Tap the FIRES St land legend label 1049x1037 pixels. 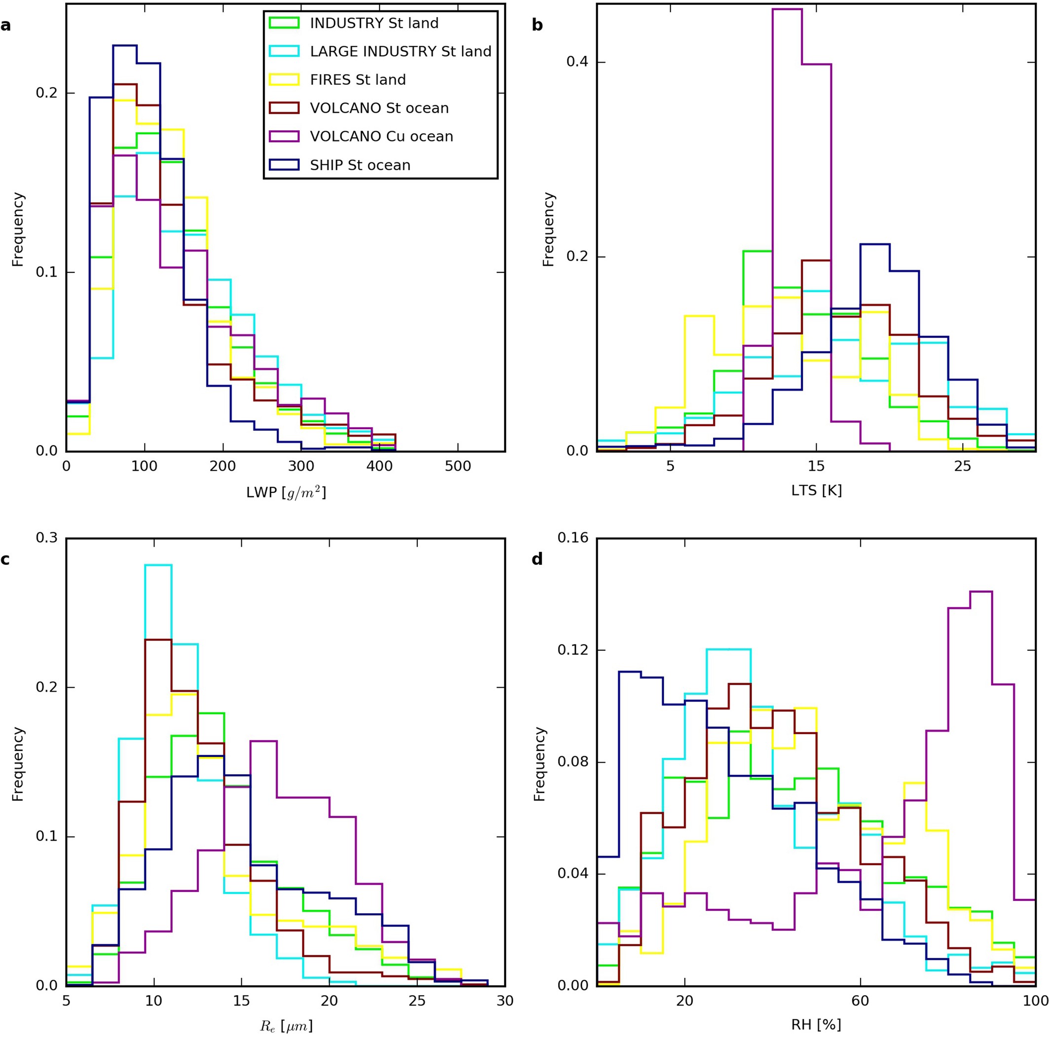[x=357, y=80]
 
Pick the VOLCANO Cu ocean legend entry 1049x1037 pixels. [x=381, y=136]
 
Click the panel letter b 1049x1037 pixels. [x=537, y=25]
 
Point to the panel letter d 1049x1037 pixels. [x=537, y=559]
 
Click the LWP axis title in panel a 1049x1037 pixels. [x=286, y=492]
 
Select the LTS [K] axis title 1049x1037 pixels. [x=816, y=490]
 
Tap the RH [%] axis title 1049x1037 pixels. [x=816, y=1025]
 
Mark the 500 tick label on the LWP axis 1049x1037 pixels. [x=458, y=466]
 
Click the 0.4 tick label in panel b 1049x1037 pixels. [x=577, y=62]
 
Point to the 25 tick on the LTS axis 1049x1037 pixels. [x=962, y=466]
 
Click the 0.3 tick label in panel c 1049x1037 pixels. [x=47, y=538]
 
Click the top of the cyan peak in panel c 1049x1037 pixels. [x=158, y=565]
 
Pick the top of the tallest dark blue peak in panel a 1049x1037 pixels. [x=124, y=45]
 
